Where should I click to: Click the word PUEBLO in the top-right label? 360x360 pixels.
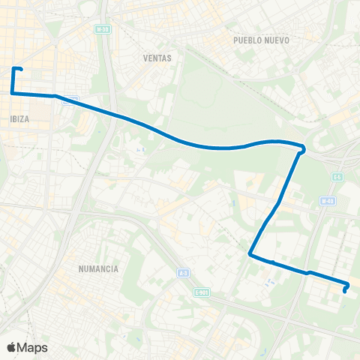point(250,40)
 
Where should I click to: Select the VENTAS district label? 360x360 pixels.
point(157,58)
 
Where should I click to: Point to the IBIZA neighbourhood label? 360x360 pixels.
point(20,119)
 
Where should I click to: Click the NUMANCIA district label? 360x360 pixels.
point(98,268)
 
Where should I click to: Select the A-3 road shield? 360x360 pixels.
point(182,274)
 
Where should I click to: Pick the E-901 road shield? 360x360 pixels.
point(200,292)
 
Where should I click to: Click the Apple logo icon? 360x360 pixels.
point(12,347)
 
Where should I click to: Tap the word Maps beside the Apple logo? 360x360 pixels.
point(34,347)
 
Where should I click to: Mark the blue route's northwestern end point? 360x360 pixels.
point(21,70)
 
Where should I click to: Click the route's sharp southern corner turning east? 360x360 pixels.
point(250,256)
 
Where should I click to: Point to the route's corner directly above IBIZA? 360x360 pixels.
point(13,92)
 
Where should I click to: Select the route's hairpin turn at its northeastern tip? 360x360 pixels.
point(302,148)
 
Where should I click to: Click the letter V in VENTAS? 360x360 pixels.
point(145,58)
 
